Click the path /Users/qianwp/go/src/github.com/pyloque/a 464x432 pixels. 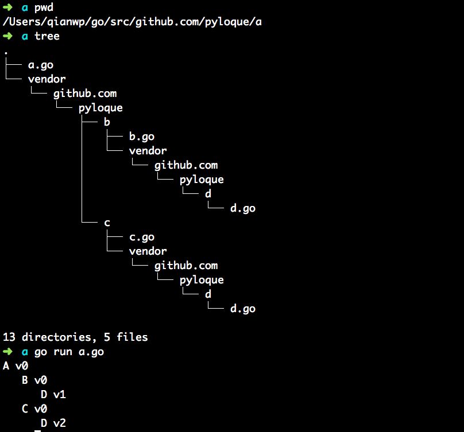136,22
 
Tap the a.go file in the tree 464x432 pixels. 41,65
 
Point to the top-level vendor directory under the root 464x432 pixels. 47,79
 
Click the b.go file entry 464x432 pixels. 142,137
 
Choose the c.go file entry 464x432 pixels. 142,237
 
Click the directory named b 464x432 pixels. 107,122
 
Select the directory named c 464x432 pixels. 107,223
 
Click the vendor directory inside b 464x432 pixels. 148,151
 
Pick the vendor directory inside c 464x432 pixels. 148,251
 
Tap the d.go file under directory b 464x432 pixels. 242,208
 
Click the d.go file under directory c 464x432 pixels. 242,309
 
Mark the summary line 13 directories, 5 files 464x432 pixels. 75,337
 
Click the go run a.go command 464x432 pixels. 69,352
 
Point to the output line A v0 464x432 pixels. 16,366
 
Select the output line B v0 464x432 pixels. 34,380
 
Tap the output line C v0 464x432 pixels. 34,409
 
